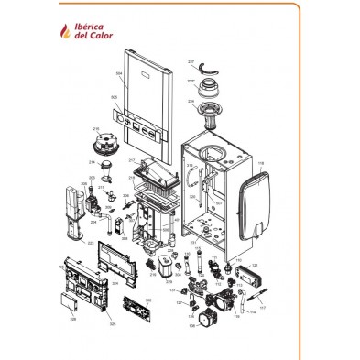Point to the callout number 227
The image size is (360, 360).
click(x=191, y=61)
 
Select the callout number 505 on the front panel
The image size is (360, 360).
click(x=114, y=96)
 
